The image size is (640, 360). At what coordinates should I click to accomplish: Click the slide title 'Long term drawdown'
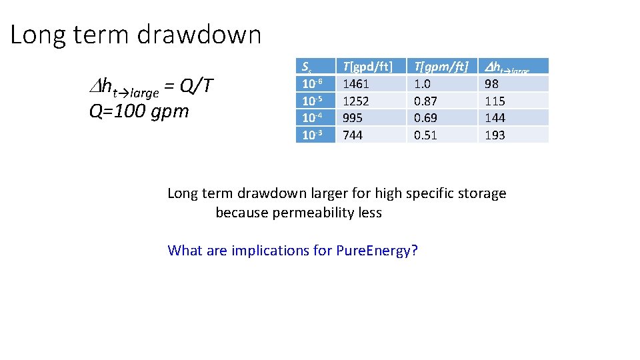[136, 35]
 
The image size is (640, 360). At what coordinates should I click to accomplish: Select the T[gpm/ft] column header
[441, 66]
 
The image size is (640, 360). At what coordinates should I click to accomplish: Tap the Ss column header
[307, 67]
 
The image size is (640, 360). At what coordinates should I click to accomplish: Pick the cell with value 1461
[355, 84]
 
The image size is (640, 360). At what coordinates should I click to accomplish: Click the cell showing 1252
[355, 101]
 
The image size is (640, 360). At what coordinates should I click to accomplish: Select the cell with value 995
[353, 118]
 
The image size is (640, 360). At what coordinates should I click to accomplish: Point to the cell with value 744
[353, 135]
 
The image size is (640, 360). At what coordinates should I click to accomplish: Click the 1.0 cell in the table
[423, 84]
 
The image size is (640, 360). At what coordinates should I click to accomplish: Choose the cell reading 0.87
[426, 101]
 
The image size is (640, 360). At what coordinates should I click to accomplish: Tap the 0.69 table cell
[426, 118]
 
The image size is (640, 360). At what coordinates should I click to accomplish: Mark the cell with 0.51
[426, 135]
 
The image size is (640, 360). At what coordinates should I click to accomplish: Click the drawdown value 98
[492, 84]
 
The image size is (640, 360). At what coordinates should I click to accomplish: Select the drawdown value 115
[495, 101]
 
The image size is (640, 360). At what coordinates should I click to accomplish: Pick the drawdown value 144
[495, 118]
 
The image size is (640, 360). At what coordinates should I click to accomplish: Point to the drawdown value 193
[495, 135]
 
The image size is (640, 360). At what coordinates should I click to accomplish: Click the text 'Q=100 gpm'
[139, 111]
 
